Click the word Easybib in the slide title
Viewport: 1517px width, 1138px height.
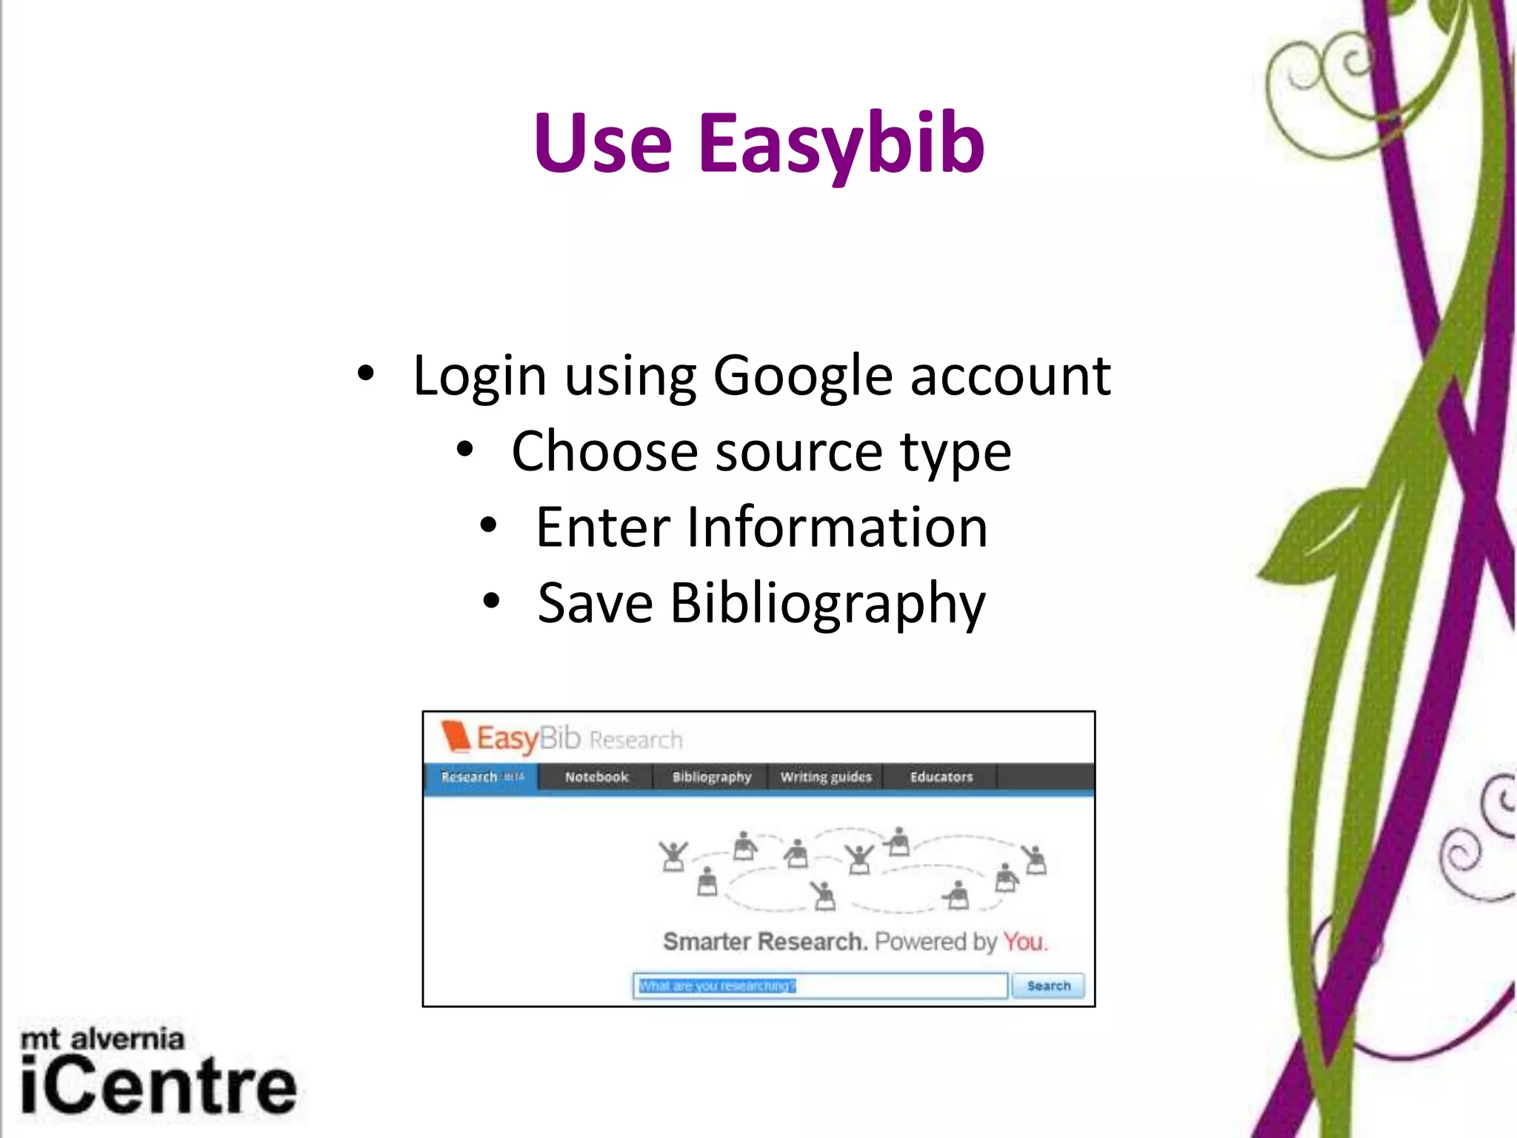click(x=841, y=144)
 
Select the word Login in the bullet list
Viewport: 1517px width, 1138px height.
click(x=479, y=376)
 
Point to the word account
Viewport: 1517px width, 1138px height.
click(x=1010, y=376)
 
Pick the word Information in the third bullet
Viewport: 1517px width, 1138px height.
click(x=838, y=528)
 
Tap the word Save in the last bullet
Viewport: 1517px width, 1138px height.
click(x=595, y=603)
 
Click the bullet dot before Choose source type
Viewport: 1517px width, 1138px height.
click(x=464, y=449)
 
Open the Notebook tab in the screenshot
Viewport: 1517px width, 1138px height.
click(x=596, y=776)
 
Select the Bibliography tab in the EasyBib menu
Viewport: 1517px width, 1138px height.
click(x=711, y=776)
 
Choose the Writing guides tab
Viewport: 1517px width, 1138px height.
click(x=826, y=776)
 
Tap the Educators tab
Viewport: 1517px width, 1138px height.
click(x=941, y=776)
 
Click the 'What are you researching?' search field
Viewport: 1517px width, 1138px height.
click(x=819, y=985)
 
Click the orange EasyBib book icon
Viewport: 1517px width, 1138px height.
click(x=455, y=736)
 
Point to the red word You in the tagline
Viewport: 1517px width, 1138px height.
click(x=1024, y=942)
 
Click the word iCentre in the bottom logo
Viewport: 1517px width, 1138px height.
click(x=159, y=1087)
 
